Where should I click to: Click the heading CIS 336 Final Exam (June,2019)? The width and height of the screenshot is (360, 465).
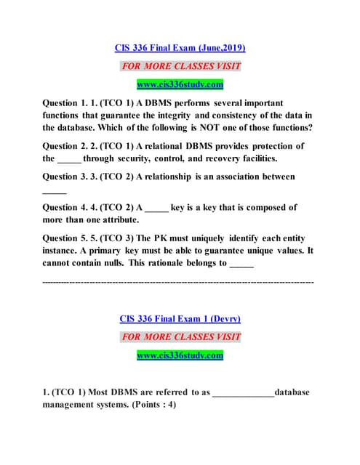coord(180,48)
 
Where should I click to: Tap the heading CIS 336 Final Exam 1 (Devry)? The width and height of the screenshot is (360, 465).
coord(180,318)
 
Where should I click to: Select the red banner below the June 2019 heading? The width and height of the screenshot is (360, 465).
coord(180,66)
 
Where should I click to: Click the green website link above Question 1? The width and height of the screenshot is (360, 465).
coord(180,84)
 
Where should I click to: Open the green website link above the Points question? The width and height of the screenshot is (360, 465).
coord(180,355)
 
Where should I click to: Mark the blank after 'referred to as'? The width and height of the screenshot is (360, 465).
coord(243,393)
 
